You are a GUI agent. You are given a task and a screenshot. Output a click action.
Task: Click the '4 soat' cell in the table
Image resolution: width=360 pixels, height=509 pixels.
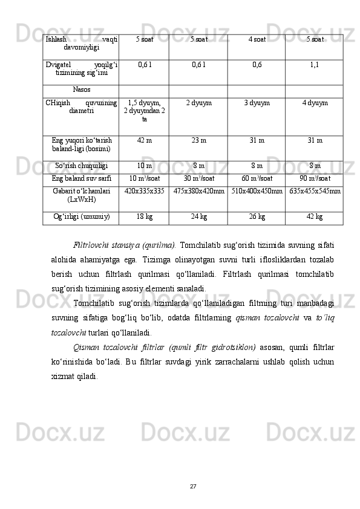pos(257,39)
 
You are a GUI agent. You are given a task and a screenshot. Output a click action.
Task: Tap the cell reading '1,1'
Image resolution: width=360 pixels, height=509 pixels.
pos(315,63)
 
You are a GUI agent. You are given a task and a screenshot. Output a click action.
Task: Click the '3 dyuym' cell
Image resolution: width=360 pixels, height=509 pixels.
pos(257,103)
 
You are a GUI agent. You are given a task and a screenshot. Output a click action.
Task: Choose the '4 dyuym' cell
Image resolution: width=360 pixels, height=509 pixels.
pos(315,103)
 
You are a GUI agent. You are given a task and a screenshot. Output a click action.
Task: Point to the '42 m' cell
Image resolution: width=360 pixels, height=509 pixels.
pos(144,141)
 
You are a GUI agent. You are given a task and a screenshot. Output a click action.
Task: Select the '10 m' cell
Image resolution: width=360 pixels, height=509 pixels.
pos(144,166)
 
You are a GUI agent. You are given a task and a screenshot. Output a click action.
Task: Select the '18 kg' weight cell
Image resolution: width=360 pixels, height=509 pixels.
pos(144,217)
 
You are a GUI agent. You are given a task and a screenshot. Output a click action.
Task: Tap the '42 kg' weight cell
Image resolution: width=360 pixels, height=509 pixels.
pos(315,217)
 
